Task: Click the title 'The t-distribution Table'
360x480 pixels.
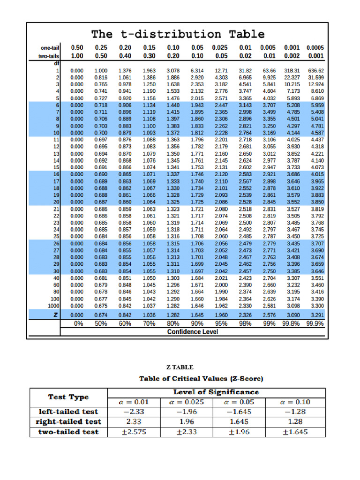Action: pos(178,34)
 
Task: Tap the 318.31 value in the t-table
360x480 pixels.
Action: pos(293,70)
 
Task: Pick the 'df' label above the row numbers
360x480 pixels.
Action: pos(56,63)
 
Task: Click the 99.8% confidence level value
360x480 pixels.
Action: pos(292,323)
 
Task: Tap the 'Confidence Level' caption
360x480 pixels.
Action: pos(192,332)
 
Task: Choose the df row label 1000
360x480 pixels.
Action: pos(53,305)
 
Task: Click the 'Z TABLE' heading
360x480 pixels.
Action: pos(180,367)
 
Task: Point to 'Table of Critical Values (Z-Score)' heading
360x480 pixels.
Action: pos(201,378)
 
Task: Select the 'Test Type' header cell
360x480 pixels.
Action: pos(68,397)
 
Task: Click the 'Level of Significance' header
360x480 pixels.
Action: pos(216,392)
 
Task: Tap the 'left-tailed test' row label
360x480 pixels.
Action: pos(68,412)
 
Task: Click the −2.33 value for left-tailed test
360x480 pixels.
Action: pos(134,412)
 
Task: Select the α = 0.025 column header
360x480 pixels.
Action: pos(187,402)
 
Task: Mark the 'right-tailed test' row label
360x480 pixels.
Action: pos(68,422)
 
